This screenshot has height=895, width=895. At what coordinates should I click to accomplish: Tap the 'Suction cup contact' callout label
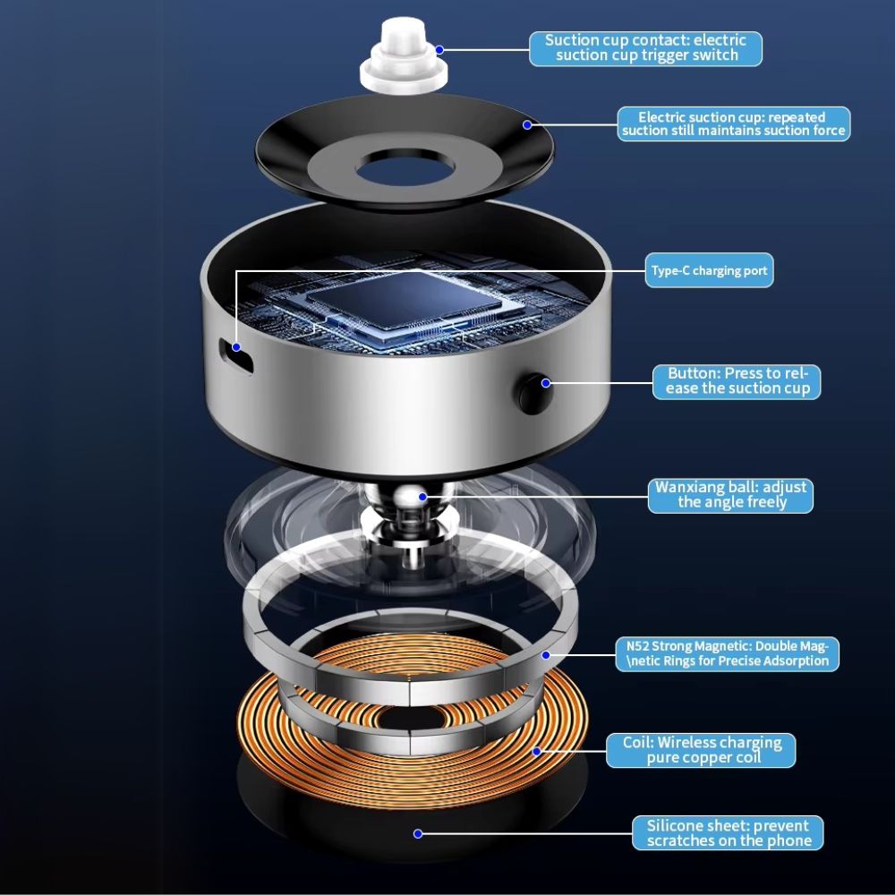[645, 48]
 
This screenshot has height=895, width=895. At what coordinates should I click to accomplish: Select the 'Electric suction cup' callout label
[734, 124]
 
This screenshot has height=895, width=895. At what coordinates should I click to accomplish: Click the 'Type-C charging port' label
[709, 270]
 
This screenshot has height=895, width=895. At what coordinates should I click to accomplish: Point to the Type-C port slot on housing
[235, 355]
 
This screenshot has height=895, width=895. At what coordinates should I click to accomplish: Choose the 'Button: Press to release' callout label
[737, 382]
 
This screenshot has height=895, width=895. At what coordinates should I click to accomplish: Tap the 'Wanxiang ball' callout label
[730, 496]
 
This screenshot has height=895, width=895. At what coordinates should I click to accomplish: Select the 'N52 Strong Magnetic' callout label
[727, 654]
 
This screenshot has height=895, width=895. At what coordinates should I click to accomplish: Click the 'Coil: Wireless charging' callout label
[701, 750]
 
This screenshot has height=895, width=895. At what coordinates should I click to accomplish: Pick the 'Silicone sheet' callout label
[728, 832]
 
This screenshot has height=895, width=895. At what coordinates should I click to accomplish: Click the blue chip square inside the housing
[405, 300]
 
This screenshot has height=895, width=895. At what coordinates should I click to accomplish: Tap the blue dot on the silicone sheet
[418, 834]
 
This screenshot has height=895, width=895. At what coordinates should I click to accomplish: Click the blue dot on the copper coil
[536, 752]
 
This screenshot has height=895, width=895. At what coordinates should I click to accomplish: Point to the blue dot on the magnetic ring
[546, 655]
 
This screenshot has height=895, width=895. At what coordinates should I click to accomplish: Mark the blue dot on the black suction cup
[527, 124]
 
